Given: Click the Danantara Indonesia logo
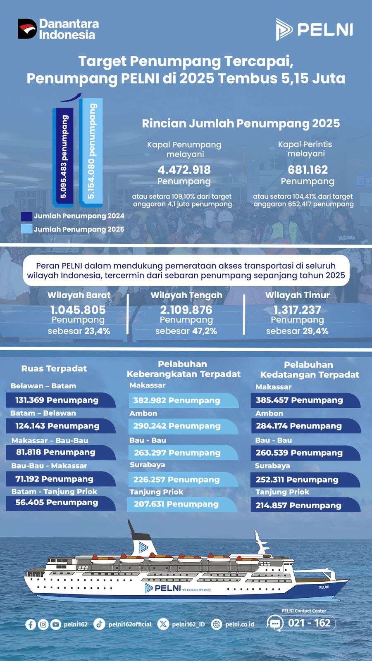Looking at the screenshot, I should click(x=58, y=29).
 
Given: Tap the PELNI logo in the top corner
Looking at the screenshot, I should click(x=314, y=29).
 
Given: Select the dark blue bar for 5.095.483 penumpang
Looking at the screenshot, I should click(x=63, y=157).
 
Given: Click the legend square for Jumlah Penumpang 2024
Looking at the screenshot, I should click(x=26, y=216).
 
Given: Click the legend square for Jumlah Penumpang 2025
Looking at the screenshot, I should click(x=26, y=229).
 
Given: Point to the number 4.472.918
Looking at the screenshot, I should click(x=184, y=170).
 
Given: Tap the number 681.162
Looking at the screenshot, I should click(x=308, y=170).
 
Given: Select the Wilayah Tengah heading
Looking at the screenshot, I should click(x=186, y=295).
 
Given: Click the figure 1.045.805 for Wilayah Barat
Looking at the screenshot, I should click(x=78, y=310).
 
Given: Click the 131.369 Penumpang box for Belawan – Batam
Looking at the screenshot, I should click(x=60, y=400).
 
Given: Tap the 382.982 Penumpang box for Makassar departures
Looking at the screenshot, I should click(x=183, y=400).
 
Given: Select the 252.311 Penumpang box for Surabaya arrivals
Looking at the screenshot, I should click(x=305, y=480).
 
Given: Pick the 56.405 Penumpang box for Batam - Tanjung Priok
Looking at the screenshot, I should click(x=60, y=503).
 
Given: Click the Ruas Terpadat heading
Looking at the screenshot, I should click(x=54, y=369).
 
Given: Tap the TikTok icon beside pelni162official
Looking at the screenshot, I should click(x=99, y=624).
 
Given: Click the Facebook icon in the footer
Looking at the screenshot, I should click(x=30, y=624).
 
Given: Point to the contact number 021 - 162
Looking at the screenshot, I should click(x=309, y=623).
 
